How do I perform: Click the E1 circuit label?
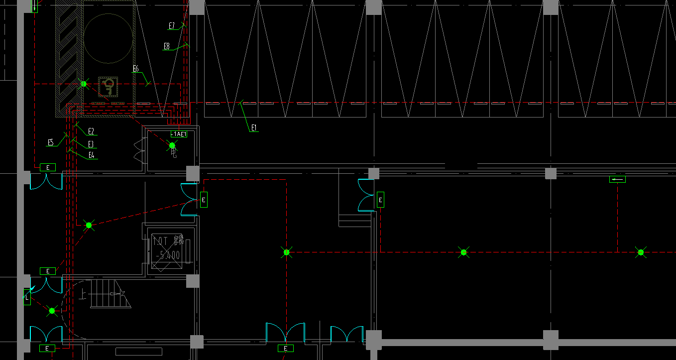point(254,128)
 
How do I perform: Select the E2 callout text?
point(91,131)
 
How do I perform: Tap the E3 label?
point(91,144)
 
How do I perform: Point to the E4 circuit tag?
point(91,155)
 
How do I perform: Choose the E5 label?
point(51,142)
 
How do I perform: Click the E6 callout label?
point(135,69)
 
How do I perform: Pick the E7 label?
point(172,25)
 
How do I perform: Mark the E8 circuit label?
point(167,46)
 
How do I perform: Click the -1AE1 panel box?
point(179,134)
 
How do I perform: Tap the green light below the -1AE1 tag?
point(172,145)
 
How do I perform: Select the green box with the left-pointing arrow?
point(617,179)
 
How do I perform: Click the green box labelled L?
point(27,297)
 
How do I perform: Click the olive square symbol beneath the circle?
point(108,87)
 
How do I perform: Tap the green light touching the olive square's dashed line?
point(84,84)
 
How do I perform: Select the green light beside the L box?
point(52,311)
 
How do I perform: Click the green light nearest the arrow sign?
point(641,252)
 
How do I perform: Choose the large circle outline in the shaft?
point(108,39)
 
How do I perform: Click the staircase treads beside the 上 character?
point(107,294)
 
